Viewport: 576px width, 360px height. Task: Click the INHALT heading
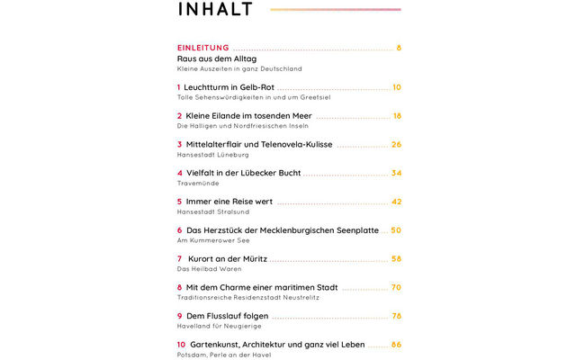216,10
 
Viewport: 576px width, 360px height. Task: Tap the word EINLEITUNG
203,48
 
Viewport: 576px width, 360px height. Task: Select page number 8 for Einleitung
399,48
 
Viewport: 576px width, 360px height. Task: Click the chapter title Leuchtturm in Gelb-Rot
229,87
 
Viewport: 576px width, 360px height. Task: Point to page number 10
397,87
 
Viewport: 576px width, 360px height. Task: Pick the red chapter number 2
180,116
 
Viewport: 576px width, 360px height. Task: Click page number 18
397,116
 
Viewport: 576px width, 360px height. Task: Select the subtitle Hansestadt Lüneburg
212,155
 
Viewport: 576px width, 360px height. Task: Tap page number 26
396,144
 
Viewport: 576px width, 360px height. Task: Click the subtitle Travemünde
198,184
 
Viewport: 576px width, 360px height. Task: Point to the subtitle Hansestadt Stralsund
213,212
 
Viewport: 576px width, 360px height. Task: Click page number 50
396,230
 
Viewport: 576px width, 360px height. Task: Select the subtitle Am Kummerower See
213,240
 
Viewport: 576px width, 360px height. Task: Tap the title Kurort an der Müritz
227,259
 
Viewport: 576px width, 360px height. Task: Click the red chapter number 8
180,288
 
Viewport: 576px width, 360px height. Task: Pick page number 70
396,288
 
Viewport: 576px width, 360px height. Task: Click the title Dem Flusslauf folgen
227,316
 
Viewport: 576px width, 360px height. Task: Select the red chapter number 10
181,345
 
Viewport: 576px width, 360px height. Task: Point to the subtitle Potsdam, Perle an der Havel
224,355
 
